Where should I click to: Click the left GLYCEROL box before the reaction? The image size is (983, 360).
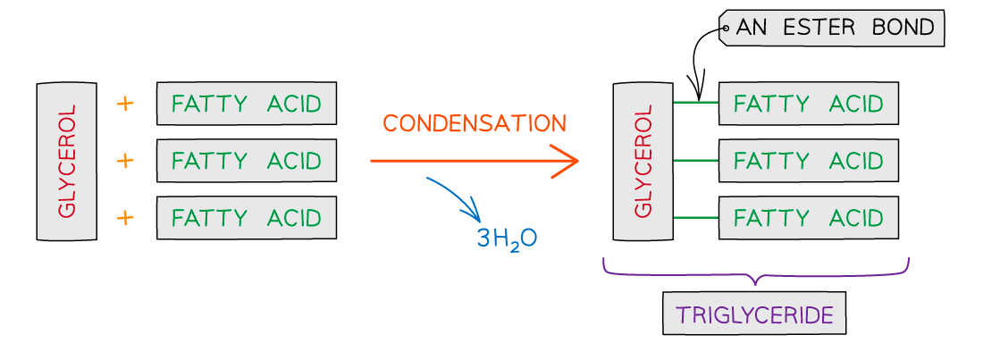tap(66, 162)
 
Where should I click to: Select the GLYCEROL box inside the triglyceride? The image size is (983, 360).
tap(643, 162)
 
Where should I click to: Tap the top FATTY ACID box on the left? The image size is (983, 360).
tap(246, 104)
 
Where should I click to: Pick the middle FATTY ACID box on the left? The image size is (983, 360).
tap(246, 161)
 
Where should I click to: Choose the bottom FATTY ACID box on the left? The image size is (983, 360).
tap(246, 218)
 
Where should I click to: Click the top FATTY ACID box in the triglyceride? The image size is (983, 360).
tap(808, 104)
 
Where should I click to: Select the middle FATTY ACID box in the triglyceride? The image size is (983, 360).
tap(808, 161)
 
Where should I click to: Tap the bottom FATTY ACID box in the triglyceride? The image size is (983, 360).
tap(808, 218)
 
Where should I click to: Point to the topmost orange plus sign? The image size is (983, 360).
tap(125, 104)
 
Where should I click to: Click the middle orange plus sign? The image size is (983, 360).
tap(125, 161)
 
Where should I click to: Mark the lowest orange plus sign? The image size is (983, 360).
tap(125, 218)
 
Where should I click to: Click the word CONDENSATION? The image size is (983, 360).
tap(475, 124)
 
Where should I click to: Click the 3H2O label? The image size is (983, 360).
tap(507, 239)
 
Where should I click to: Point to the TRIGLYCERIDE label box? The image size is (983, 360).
tap(754, 314)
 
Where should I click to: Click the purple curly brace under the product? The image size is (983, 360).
tap(756, 272)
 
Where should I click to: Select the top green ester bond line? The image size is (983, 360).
tap(695, 103)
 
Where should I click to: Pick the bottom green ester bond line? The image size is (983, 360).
tap(695, 218)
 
